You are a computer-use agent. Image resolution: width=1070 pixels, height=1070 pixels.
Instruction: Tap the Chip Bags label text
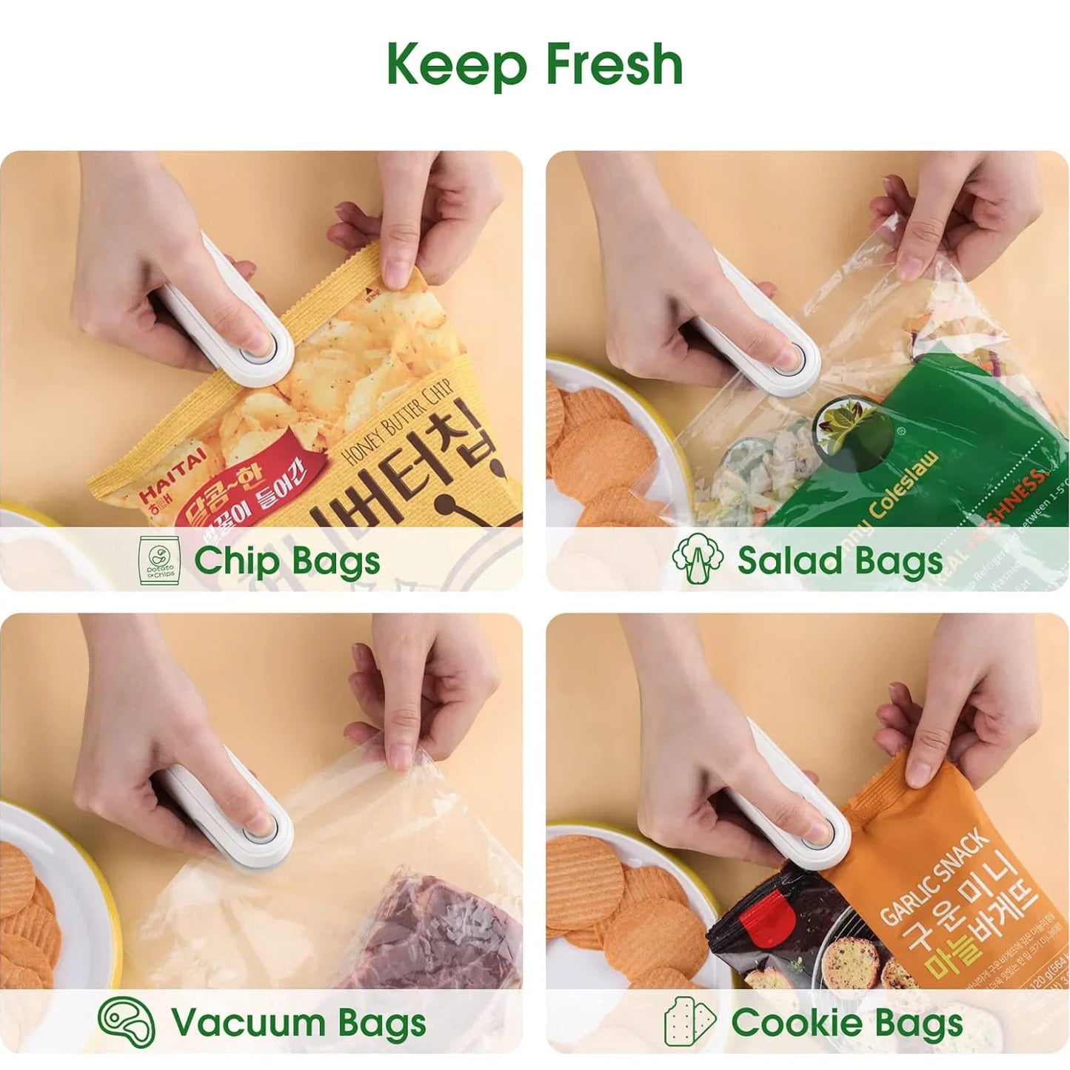pyautogui.click(x=287, y=560)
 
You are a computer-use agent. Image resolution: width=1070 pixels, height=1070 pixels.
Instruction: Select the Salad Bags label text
pyautogui.click(x=840, y=560)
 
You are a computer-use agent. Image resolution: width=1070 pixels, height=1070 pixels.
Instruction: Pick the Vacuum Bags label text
pyautogui.click(x=298, y=1023)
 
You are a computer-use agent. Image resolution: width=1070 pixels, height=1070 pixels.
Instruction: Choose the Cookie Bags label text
pyautogui.click(x=847, y=1023)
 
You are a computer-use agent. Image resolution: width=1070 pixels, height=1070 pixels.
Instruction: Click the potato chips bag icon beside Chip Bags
pyautogui.click(x=160, y=560)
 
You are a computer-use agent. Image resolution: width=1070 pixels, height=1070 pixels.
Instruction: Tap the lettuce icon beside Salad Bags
pyautogui.click(x=698, y=559)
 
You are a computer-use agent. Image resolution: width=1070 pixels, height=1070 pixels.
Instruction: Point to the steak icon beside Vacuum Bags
pyautogui.click(x=127, y=1022)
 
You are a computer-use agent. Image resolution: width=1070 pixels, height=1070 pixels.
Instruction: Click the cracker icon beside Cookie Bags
pyautogui.click(x=689, y=1022)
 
